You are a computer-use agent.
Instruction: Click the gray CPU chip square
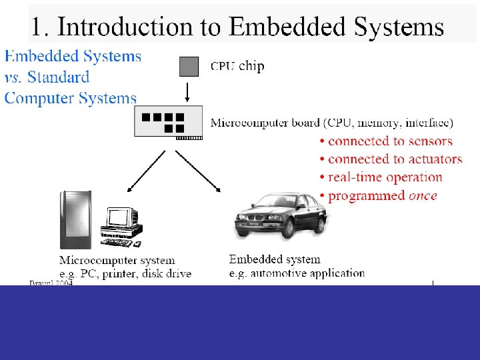pos(189,66)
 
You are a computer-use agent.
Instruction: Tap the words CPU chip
pos(237,66)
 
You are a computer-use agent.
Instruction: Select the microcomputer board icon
pos(169,122)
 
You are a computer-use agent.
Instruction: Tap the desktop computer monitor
pos(122,218)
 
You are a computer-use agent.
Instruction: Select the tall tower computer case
pos(75,219)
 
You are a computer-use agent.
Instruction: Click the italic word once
pos(423,196)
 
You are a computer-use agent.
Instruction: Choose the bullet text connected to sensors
pos(390,141)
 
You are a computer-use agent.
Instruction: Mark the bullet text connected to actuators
pos(395,159)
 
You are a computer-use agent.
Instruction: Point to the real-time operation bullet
pos(385,177)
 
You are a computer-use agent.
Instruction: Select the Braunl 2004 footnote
pos(51,283)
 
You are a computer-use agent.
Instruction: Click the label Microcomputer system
pos(117,261)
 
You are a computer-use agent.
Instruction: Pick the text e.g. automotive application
pos(297,273)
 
